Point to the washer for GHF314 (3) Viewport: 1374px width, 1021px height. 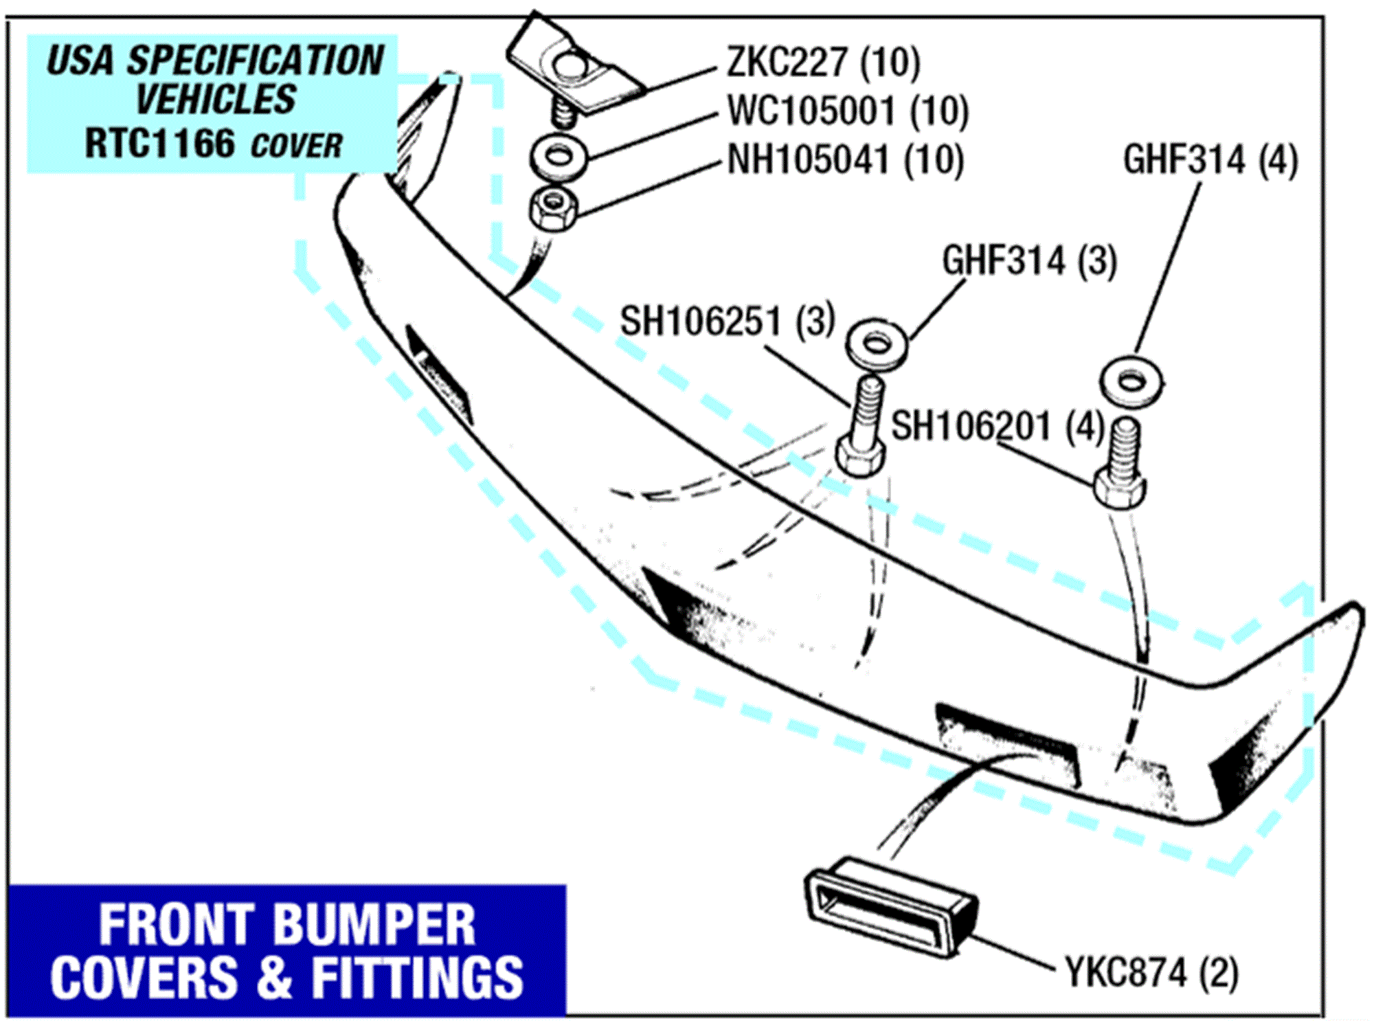coord(876,344)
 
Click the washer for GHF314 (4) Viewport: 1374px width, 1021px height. coord(1131,380)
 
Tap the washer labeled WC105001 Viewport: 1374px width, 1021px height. coord(559,157)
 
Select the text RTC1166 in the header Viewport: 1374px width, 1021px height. coord(159,144)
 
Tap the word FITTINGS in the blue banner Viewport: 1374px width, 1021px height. coord(417,978)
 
